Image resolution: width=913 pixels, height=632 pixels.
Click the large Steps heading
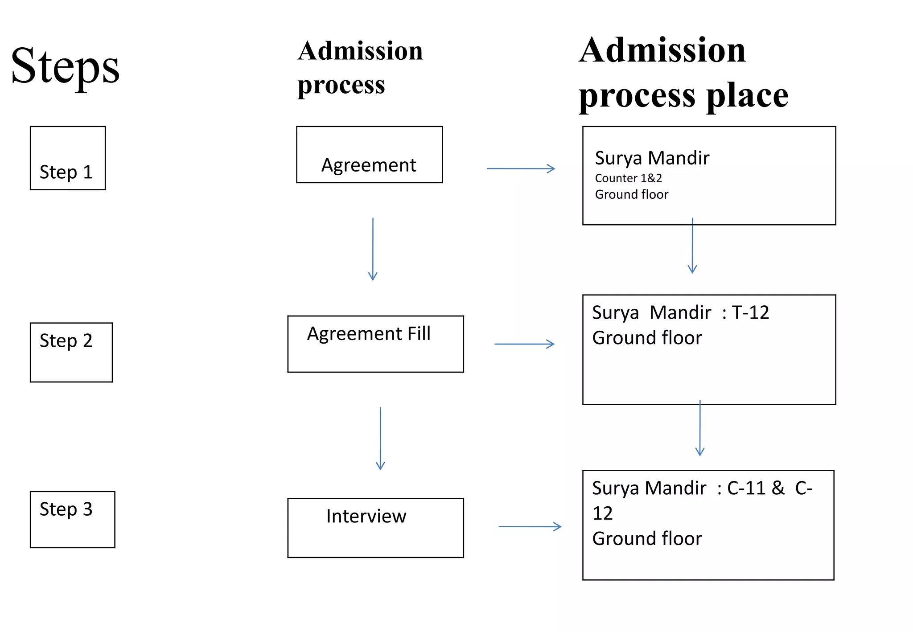point(65,67)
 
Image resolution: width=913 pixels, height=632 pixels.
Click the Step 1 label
point(66,172)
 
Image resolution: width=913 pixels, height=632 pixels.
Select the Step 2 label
point(66,341)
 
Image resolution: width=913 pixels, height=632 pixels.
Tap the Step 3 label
point(66,509)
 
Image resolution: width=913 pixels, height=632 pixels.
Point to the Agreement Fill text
point(369,334)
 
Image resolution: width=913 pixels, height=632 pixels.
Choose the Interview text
point(366,516)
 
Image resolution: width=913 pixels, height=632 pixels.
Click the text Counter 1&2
point(628,178)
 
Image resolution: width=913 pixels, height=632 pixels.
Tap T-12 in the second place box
point(750,313)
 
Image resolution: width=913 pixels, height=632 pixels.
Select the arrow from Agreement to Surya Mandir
point(521,168)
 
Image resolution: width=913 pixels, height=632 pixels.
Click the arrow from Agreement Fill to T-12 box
point(524,344)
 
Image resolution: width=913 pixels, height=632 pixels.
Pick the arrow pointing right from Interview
point(530,526)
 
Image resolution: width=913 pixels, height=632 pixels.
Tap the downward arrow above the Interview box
point(380,439)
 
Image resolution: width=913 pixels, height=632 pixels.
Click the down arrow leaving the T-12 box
point(700,428)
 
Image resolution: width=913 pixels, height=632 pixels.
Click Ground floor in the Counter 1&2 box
point(631,195)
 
